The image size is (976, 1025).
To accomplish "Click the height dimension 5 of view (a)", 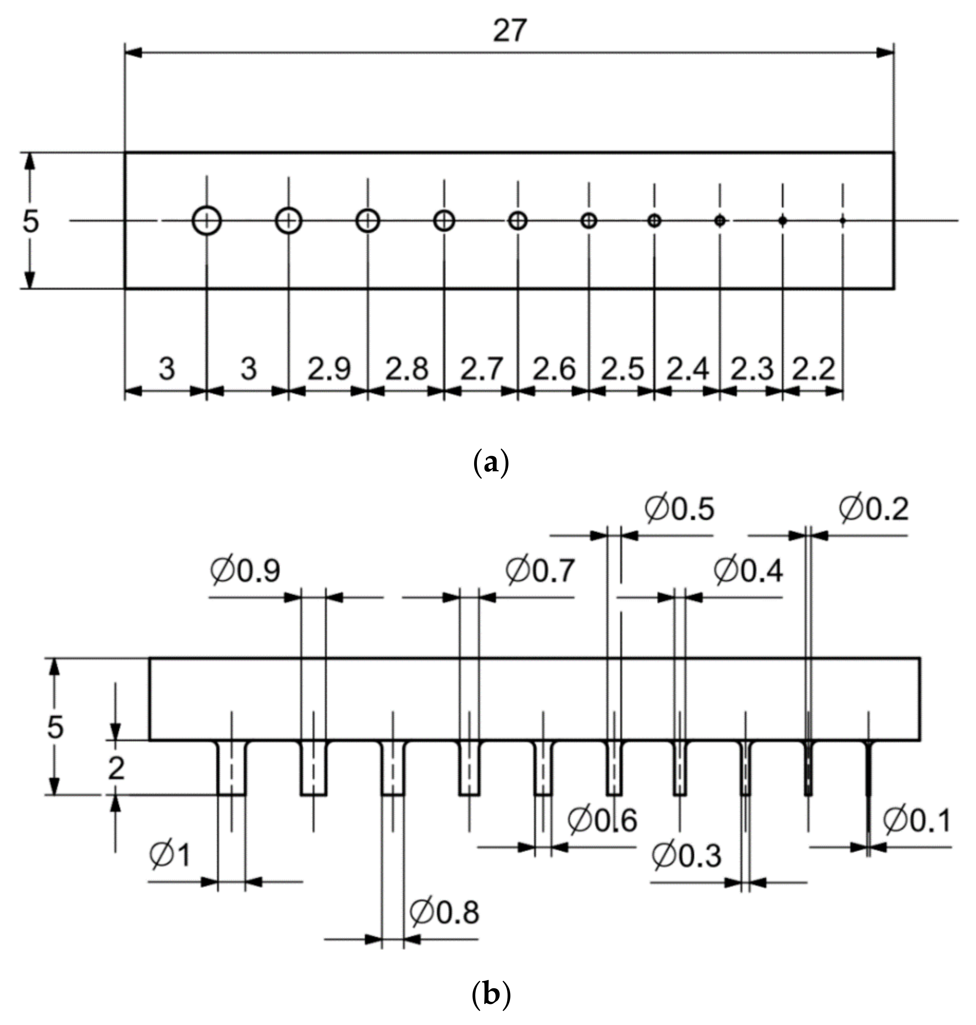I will pos(30,222).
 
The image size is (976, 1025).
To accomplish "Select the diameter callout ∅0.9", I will pos(245,571).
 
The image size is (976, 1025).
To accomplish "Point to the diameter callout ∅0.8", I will pos(444,913).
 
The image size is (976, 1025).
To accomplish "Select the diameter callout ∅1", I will pos(170,855).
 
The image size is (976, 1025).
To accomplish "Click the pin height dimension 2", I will pos(116,768).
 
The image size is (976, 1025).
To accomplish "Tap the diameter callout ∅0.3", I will pos(686,855).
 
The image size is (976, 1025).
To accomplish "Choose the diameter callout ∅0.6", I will pos(602,821).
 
